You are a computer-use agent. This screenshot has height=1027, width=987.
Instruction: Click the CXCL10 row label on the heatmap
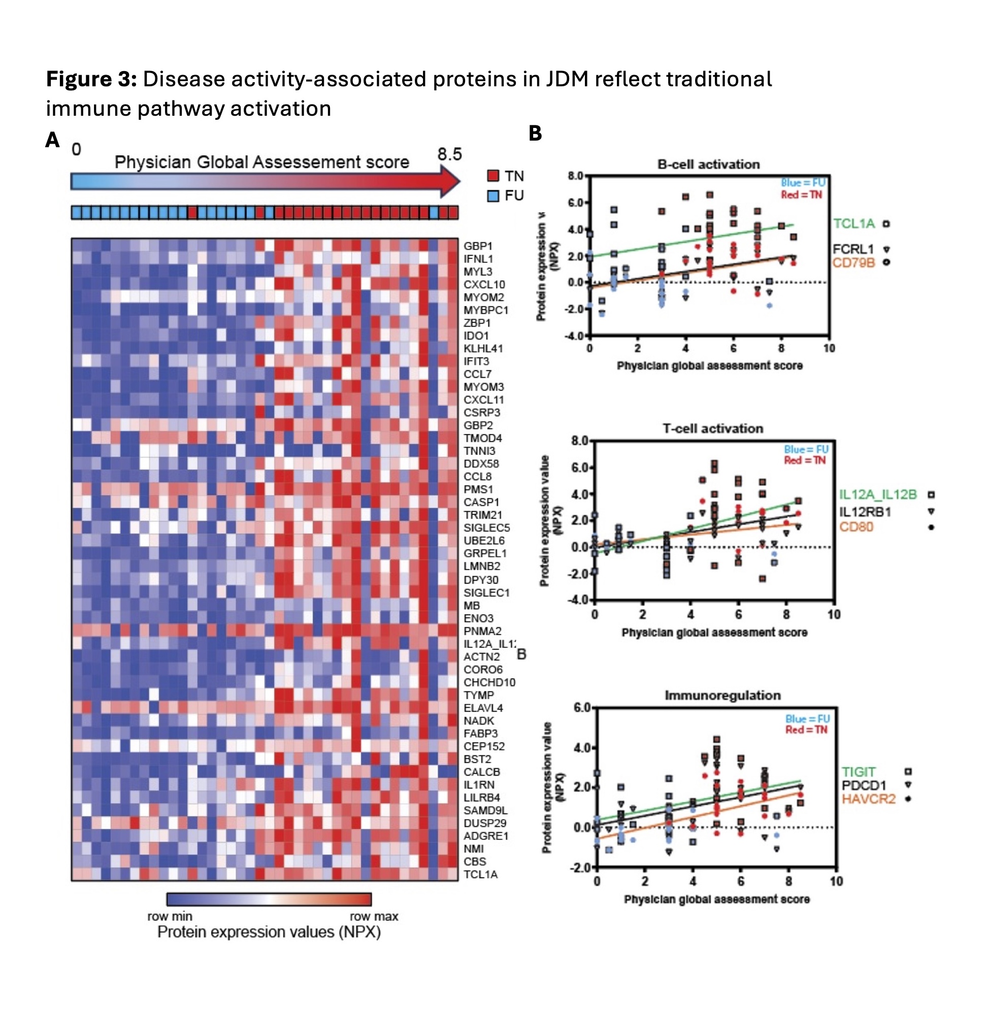(x=484, y=284)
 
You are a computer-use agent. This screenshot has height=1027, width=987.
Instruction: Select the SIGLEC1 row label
(x=486, y=592)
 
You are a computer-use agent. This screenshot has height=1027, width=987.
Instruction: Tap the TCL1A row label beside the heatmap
(x=480, y=874)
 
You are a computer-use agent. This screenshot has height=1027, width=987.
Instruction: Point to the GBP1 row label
(x=478, y=246)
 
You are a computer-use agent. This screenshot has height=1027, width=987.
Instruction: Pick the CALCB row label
(x=482, y=772)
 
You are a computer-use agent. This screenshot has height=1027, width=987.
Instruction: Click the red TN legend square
(x=492, y=176)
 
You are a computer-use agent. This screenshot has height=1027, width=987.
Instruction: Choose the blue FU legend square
(x=492, y=196)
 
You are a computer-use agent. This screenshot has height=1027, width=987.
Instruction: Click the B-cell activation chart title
(x=708, y=164)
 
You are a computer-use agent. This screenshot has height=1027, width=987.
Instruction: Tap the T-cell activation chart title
(x=712, y=428)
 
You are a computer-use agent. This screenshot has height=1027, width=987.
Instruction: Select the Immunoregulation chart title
(x=722, y=695)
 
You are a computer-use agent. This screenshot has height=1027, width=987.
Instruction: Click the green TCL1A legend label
(x=854, y=224)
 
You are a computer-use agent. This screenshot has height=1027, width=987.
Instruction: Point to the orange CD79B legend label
(x=853, y=262)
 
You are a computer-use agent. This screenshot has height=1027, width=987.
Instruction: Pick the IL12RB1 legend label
(x=865, y=511)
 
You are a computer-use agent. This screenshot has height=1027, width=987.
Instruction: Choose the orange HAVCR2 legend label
(x=868, y=799)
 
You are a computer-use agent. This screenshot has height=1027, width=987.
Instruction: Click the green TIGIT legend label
(x=858, y=772)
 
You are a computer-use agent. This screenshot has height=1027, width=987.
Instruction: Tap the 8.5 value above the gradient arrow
(x=449, y=154)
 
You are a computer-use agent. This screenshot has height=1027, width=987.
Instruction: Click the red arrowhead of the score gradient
(x=450, y=182)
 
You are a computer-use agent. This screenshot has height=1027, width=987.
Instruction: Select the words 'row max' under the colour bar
(x=374, y=916)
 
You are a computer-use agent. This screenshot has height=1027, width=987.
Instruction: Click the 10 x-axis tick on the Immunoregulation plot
(x=836, y=881)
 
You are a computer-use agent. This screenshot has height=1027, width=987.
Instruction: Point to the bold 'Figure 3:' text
(x=92, y=79)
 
